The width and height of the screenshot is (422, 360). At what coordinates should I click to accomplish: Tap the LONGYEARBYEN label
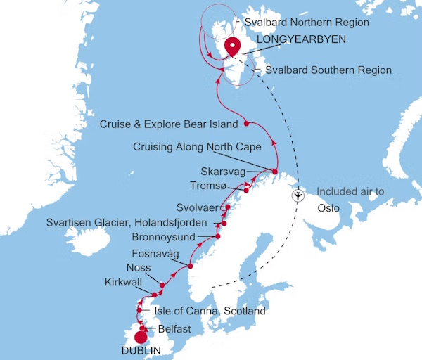pos(302,40)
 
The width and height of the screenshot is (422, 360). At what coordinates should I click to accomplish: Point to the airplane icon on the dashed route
pos(298,195)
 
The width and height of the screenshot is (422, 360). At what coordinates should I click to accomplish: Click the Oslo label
pos(328,208)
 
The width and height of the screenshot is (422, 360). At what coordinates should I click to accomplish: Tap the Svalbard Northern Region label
pos(316,22)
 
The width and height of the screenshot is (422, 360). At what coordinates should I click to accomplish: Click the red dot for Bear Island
pos(246,124)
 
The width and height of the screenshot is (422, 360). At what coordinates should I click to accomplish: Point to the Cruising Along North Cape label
pos(198,147)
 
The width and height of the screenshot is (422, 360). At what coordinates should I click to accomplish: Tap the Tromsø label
pos(209,186)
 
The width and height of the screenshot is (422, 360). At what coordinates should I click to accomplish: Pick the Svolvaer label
pos(198,208)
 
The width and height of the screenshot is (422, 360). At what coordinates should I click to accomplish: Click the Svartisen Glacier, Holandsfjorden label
pos(127,222)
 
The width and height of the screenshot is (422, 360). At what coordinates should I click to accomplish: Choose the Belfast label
pos(170,328)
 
